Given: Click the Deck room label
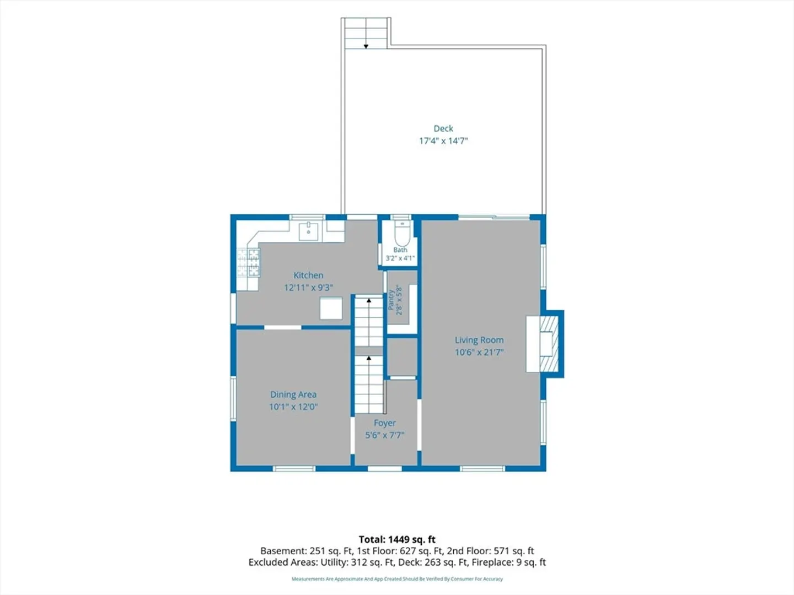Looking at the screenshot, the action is point(443,128).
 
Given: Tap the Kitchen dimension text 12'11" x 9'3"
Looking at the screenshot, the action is point(308,288).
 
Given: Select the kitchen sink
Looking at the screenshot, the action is point(309,231).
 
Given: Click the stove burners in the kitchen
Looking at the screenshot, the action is point(248,263).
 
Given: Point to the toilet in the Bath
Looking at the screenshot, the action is point(402,234).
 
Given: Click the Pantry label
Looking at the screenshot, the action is point(391,300).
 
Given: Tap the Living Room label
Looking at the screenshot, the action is point(479,340).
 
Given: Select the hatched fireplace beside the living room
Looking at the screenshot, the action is point(549,344).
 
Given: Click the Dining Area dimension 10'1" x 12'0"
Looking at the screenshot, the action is point(293,407).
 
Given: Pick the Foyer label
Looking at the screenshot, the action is point(384,423).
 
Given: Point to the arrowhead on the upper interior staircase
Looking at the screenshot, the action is point(369,300).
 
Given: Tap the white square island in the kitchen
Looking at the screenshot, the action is point(331,309).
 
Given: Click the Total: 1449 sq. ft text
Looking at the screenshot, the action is point(397,539).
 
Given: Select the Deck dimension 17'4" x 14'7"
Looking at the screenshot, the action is point(443,141).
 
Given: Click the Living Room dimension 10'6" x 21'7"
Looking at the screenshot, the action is point(479,352).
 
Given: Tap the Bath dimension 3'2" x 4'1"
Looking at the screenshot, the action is point(400,258).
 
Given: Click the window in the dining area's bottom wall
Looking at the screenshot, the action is point(294,468).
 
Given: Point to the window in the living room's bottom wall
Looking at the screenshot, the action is point(482,468).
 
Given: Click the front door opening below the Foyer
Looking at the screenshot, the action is point(384,468).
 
